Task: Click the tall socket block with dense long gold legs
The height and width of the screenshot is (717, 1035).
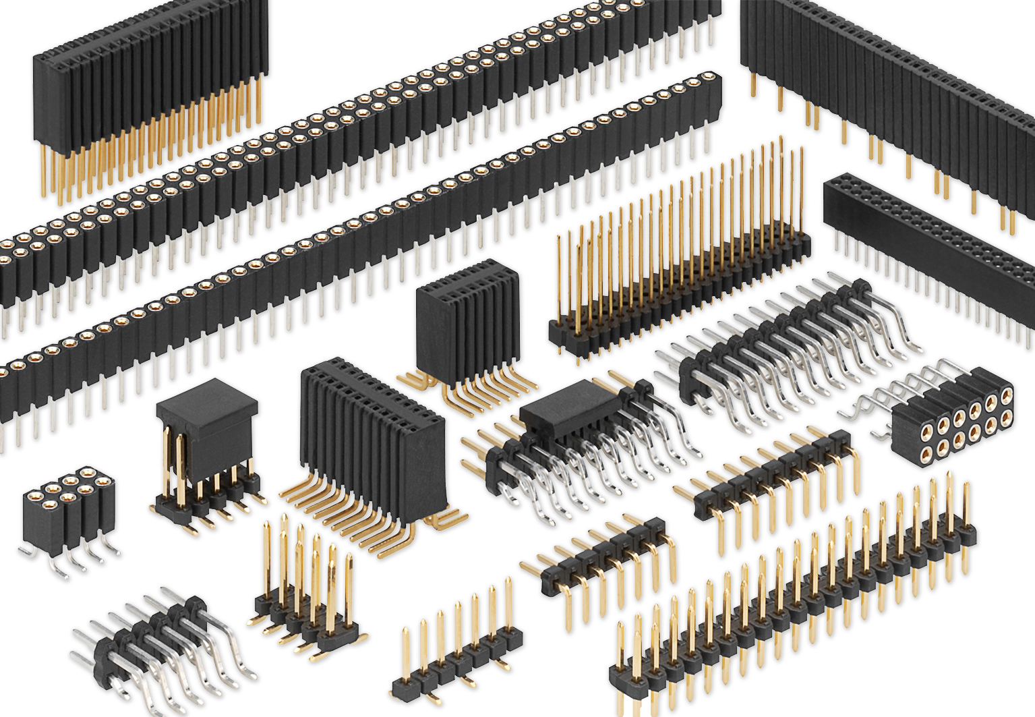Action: click(x=148, y=94)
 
